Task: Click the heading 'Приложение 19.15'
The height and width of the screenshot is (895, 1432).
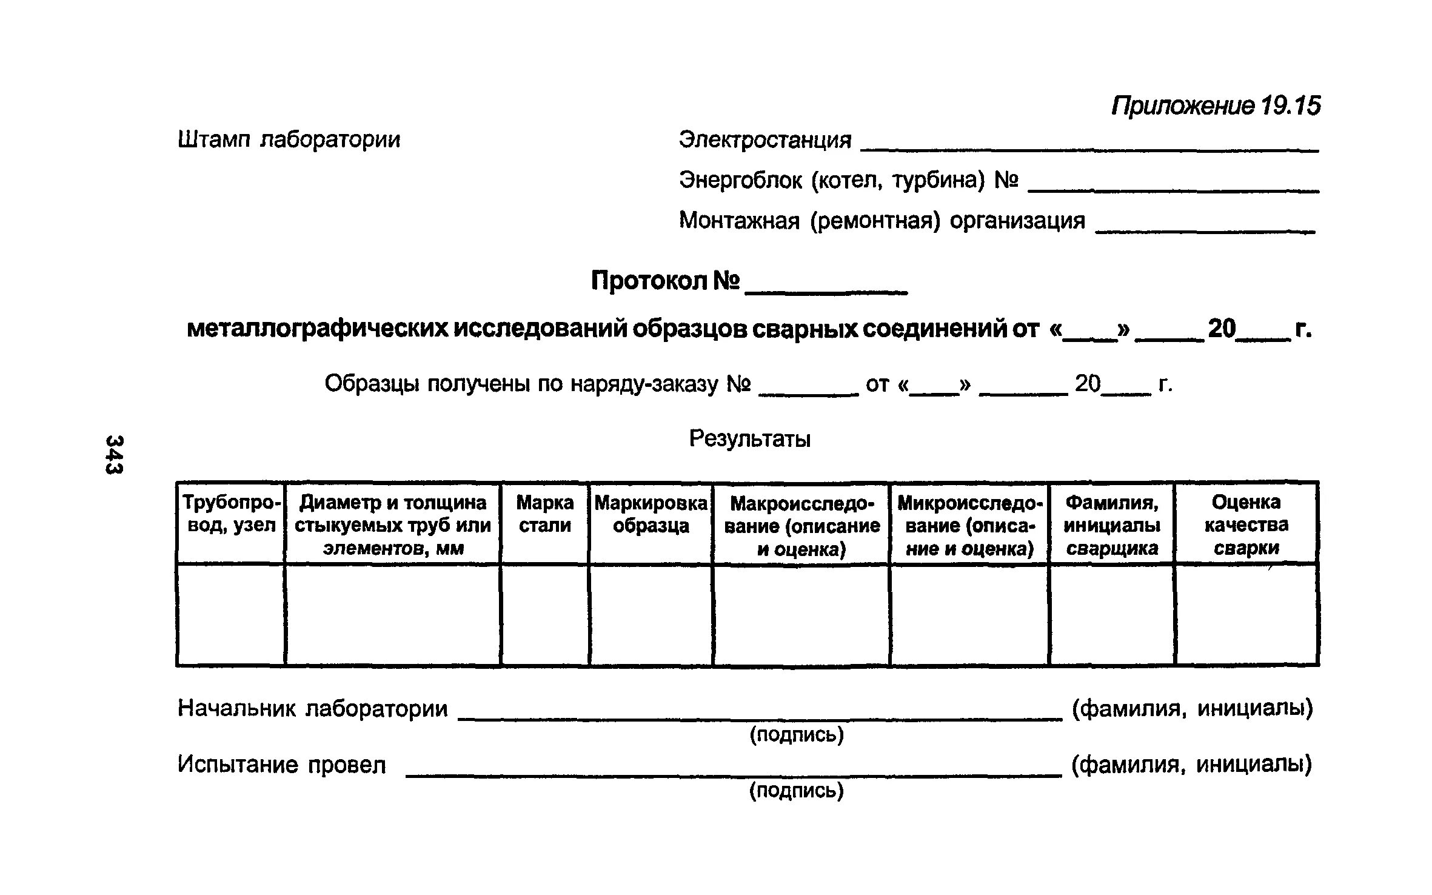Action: pyautogui.click(x=1216, y=106)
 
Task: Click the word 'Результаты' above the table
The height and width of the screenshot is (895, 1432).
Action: pyautogui.click(x=749, y=438)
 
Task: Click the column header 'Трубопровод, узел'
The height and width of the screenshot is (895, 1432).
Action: pyautogui.click(x=231, y=514)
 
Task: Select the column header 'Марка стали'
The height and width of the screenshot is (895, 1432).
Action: pyautogui.click(x=544, y=514)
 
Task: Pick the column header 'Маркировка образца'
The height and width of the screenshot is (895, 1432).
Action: pyautogui.click(x=651, y=514)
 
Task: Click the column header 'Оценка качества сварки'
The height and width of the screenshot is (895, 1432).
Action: pyautogui.click(x=1246, y=525)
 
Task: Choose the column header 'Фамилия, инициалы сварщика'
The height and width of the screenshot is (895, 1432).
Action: pyautogui.click(x=1111, y=525)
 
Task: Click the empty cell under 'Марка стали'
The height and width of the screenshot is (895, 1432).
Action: pyautogui.click(x=544, y=614)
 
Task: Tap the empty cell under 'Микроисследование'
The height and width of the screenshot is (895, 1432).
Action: pyautogui.click(x=969, y=614)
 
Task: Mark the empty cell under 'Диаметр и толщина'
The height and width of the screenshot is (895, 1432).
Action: pyautogui.click(x=392, y=614)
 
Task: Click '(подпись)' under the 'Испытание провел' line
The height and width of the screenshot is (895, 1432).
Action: pyautogui.click(x=796, y=791)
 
